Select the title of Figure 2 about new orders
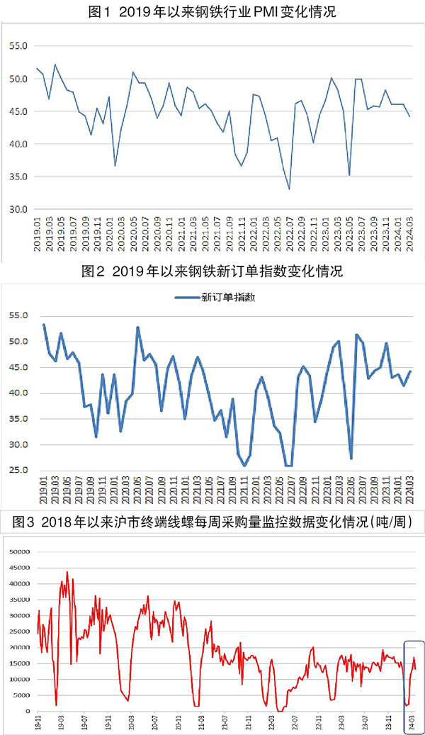click(212, 272)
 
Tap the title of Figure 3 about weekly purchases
click(212, 522)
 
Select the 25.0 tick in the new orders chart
click(19, 471)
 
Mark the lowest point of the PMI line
click(289, 189)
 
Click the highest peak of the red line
click(67, 572)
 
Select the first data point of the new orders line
click(44, 325)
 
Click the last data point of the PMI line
click(409, 116)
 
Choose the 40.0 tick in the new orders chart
click(19, 393)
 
